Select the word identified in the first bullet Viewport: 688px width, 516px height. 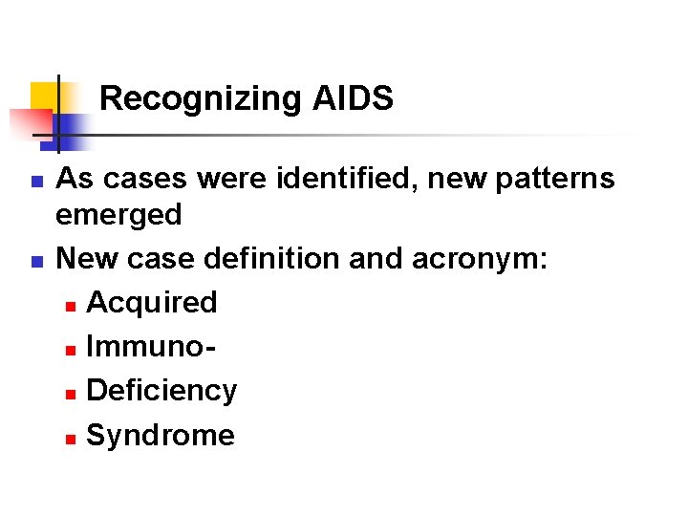297,178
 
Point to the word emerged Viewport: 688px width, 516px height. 118,214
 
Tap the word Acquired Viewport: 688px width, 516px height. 151,302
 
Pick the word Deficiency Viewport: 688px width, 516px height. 161,390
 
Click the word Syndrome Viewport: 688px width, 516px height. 160,435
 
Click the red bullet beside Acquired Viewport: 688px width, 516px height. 70,305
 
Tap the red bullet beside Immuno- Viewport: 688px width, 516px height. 70,349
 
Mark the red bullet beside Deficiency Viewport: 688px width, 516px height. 70,393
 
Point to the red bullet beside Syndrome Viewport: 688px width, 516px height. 70,438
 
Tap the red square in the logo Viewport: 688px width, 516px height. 29,122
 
